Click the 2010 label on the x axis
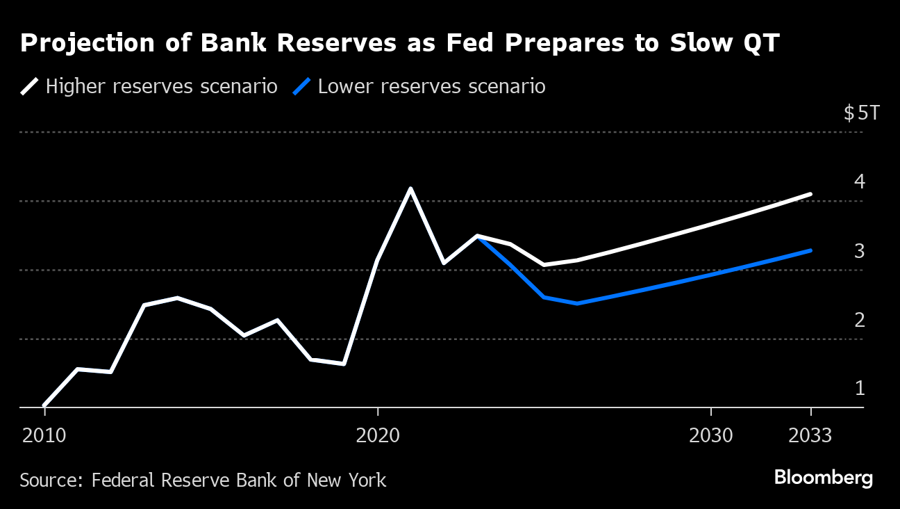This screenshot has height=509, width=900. (44, 435)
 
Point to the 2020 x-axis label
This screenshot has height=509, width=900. (377, 435)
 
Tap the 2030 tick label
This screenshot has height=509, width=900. (710, 435)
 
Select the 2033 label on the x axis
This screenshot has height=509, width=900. (810, 435)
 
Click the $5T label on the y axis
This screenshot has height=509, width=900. (861, 113)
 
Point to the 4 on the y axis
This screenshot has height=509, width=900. (860, 182)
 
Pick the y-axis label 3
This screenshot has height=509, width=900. (860, 251)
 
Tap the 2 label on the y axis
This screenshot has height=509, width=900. (860, 320)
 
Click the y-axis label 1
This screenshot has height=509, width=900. (860, 388)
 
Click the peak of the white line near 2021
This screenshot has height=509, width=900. (410, 188)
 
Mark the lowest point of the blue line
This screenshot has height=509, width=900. (576, 303)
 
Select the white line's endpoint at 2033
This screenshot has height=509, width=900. (810, 194)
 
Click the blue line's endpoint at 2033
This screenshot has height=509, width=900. (810, 250)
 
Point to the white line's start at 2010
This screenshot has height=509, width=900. (44, 405)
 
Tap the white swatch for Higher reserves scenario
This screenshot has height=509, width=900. (29, 87)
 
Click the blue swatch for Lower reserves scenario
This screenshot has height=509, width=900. (301, 87)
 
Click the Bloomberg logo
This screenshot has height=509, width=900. (823, 478)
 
